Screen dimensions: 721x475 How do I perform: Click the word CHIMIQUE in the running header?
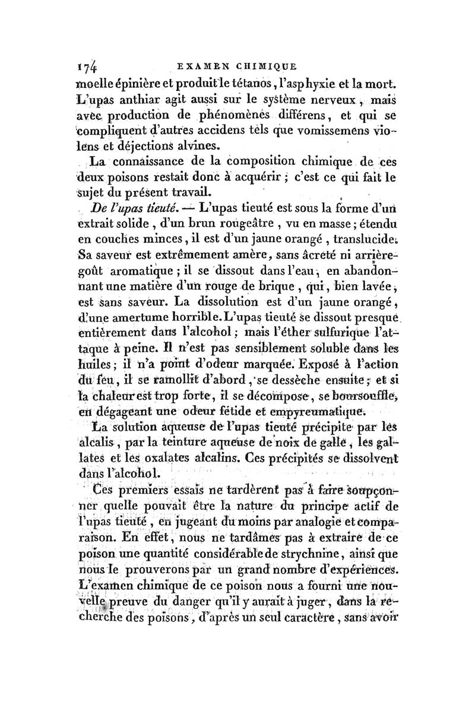[x=271, y=66]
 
